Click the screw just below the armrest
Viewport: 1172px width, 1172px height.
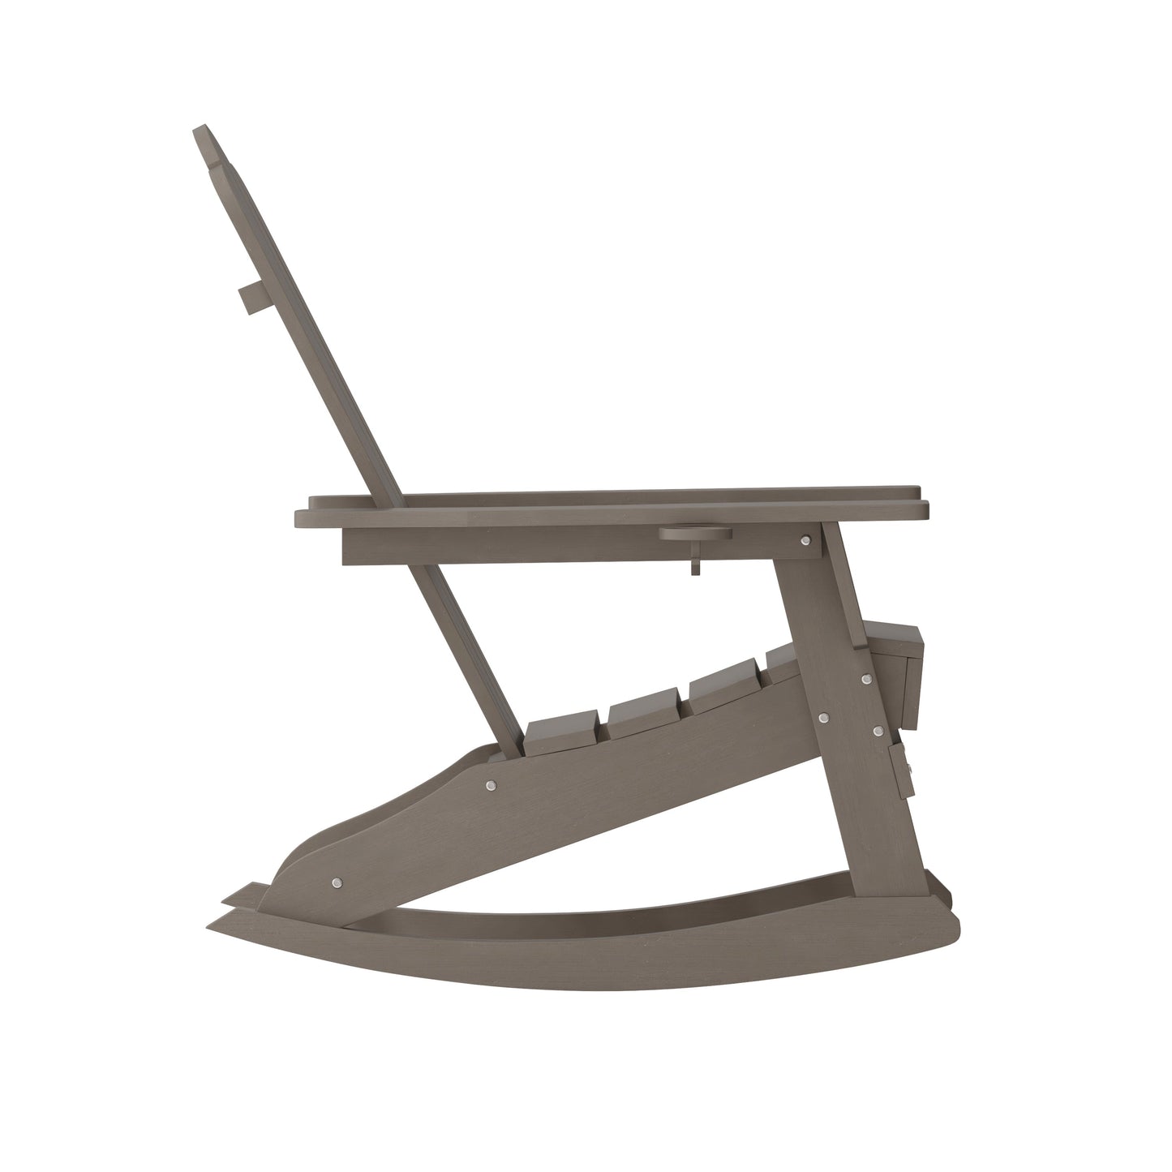click(805, 540)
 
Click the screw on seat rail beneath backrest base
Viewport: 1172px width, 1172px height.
click(490, 785)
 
